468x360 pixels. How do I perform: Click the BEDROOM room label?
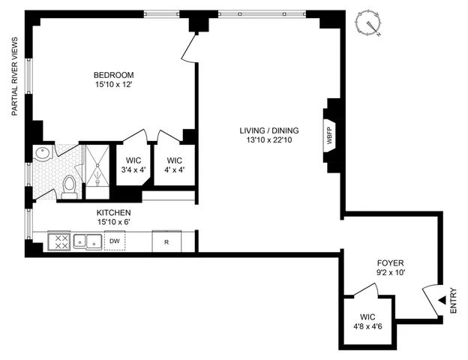[x=113, y=75]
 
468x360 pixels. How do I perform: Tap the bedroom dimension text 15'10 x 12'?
[x=113, y=85]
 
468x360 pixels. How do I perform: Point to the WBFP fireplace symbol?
[x=329, y=139]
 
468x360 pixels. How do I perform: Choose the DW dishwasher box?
[x=115, y=241]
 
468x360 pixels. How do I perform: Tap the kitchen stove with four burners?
[x=58, y=241]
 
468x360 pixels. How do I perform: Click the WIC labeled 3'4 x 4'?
[x=133, y=164]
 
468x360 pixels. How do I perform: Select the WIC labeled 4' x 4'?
[x=175, y=164]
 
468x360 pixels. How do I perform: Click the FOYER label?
[x=390, y=263]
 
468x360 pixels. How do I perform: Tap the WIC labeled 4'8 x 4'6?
[x=367, y=322]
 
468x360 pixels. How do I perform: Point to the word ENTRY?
[x=453, y=301]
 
